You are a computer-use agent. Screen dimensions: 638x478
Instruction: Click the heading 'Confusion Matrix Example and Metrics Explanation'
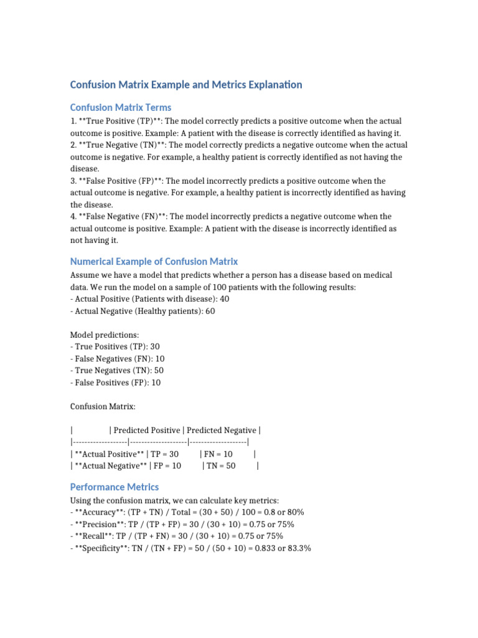pyautogui.click(x=186, y=84)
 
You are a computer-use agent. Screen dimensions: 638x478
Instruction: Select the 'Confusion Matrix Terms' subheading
pyautogui.click(x=121, y=107)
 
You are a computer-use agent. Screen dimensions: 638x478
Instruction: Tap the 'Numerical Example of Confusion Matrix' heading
pyautogui.click(x=154, y=261)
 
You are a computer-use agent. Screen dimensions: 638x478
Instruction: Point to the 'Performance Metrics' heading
pyautogui.click(x=114, y=487)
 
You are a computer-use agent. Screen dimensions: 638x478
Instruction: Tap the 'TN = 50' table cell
pyautogui.click(x=221, y=466)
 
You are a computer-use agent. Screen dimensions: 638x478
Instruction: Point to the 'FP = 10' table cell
pyautogui.click(x=167, y=466)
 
